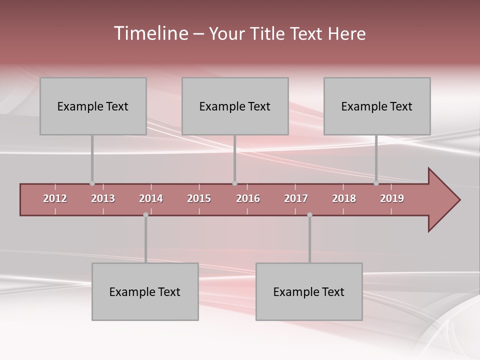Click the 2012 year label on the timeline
click(x=55, y=198)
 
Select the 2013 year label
click(x=103, y=198)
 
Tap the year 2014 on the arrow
click(x=151, y=198)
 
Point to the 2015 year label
click(x=199, y=198)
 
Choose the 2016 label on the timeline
click(x=248, y=198)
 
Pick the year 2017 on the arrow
click(x=296, y=198)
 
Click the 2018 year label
click(x=344, y=198)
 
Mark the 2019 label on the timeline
click(x=392, y=198)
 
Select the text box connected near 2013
click(x=93, y=106)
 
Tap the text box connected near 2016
click(x=235, y=106)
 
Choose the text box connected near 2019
click(x=377, y=106)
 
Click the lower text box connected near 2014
click(x=145, y=291)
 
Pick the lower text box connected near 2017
click(x=309, y=291)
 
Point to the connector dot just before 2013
click(x=92, y=183)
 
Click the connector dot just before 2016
click(x=234, y=183)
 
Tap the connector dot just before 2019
click(x=376, y=183)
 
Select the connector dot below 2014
click(x=145, y=215)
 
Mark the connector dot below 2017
click(x=309, y=215)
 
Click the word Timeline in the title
click(x=150, y=33)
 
